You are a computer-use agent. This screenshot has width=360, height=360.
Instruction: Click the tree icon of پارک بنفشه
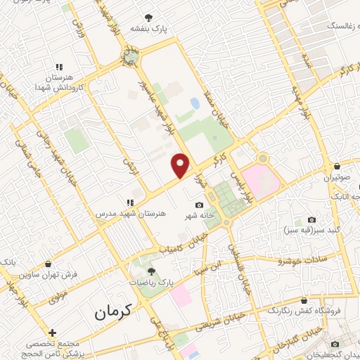pyautogui.click(x=148, y=18)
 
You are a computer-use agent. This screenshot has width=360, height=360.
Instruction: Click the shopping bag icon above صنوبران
pyautogui.click(x=338, y=167)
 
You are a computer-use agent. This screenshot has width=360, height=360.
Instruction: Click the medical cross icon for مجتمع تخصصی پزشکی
pyautogui.click(x=52, y=332)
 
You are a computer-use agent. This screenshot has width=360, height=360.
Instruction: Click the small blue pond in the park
pyautogui.click(x=194, y=104)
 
